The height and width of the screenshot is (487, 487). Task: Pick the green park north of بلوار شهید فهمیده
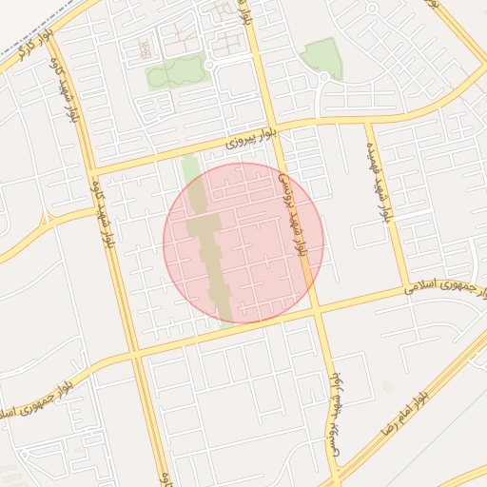(x=321, y=57)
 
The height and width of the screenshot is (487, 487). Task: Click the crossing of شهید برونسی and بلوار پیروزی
(x=275, y=134)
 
